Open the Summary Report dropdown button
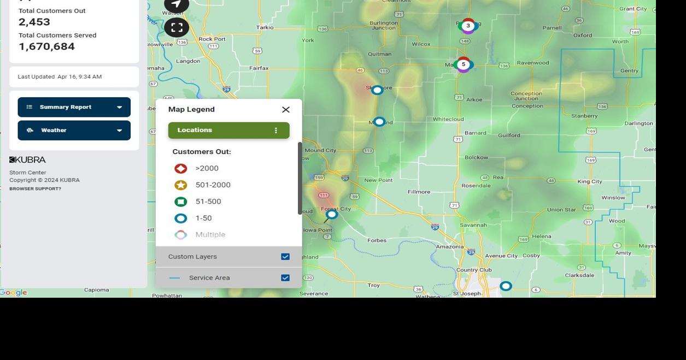[x=74, y=107]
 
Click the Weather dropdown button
[x=74, y=131]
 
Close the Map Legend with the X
[x=285, y=110]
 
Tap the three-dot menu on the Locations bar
[x=275, y=131]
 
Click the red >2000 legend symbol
[x=180, y=169]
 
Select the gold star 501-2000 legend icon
[x=180, y=185]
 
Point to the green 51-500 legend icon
[x=180, y=202]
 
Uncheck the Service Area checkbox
[x=285, y=278]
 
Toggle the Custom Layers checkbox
[x=285, y=257]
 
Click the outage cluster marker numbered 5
[x=464, y=64]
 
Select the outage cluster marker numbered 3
[x=468, y=26]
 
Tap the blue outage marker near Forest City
[x=332, y=215]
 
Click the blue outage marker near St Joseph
[x=506, y=286]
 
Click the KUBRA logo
[x=27, y=160]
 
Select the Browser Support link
[x=35, y=189]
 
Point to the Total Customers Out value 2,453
[x=34, y=22]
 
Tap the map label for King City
[x=589, y=182]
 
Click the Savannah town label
[x=473, y=225]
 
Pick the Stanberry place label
[x=584, y=116]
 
